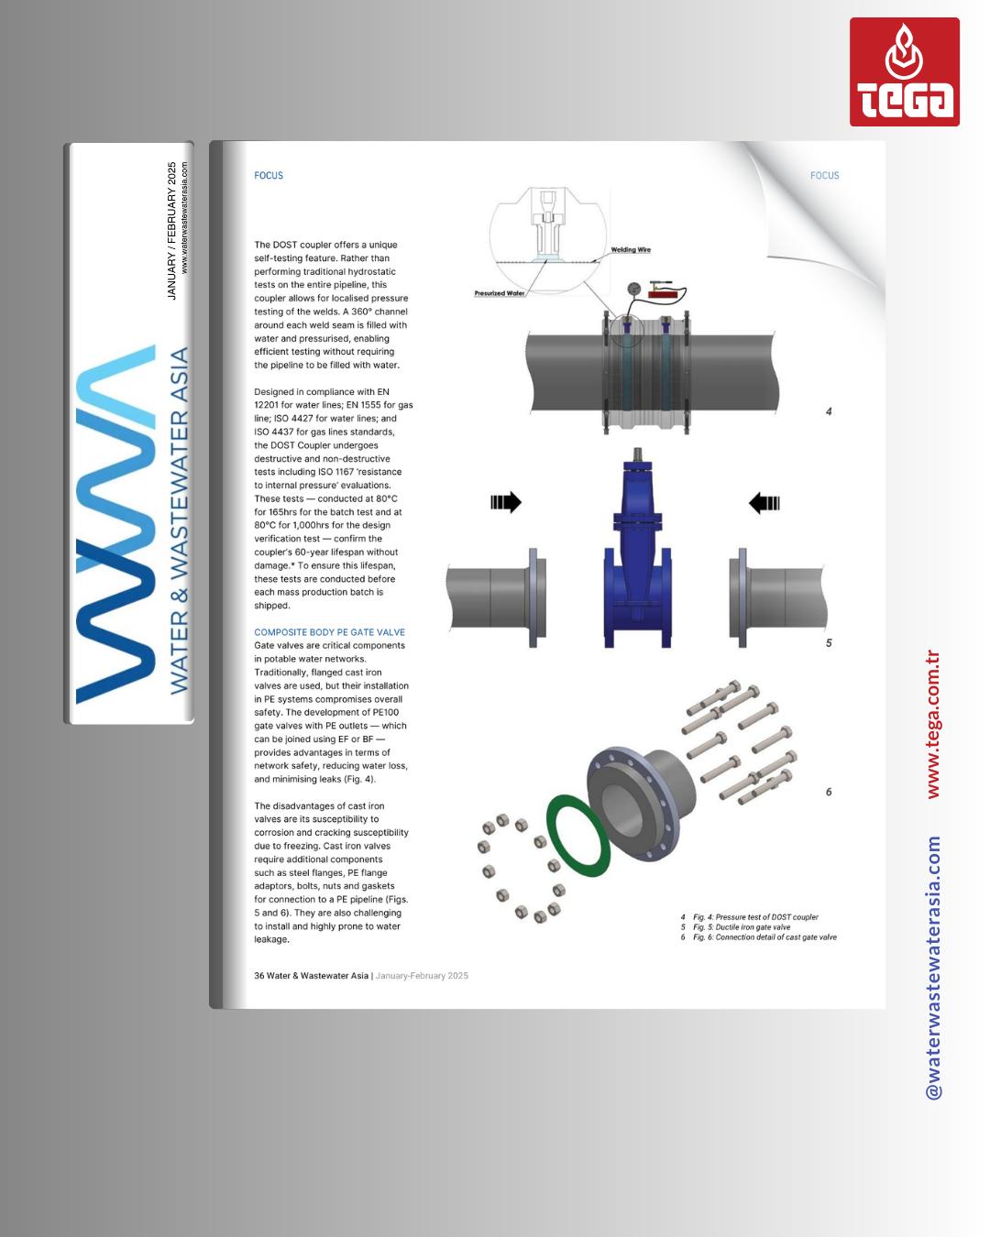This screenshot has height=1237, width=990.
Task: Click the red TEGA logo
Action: tap(904, 72)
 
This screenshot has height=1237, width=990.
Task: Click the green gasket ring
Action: tap(578, 835)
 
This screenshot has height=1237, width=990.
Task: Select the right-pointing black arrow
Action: tap(506, 502)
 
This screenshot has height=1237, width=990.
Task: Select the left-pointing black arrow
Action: tap(764, 503)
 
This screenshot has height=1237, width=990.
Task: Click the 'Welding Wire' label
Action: tap(631, 250)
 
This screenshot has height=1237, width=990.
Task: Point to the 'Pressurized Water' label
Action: tap(500, 293)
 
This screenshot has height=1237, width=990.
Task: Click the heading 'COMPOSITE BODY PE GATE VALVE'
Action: tap(329, 632)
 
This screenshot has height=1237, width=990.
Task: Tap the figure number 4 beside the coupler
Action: tap(829, 411)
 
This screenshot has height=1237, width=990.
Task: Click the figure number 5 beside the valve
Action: tap(829, 643)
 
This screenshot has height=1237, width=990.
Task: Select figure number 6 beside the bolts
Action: tap(829, 792)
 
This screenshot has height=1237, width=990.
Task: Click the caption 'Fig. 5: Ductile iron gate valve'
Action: tap(741, 927)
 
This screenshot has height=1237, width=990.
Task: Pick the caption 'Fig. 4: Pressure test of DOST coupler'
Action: tap(755, 916)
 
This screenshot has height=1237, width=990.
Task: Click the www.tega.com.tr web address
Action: tap(933, 724)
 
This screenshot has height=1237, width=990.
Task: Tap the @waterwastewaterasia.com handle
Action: tap(933, 967)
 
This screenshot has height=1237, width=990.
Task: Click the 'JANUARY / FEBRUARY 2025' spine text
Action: tap(171, 231)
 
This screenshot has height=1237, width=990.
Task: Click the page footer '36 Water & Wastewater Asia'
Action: tap(312, 976)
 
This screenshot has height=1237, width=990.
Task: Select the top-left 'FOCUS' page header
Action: tap(269, 175)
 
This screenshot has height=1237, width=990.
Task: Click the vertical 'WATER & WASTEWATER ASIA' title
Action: tap(179, 520)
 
